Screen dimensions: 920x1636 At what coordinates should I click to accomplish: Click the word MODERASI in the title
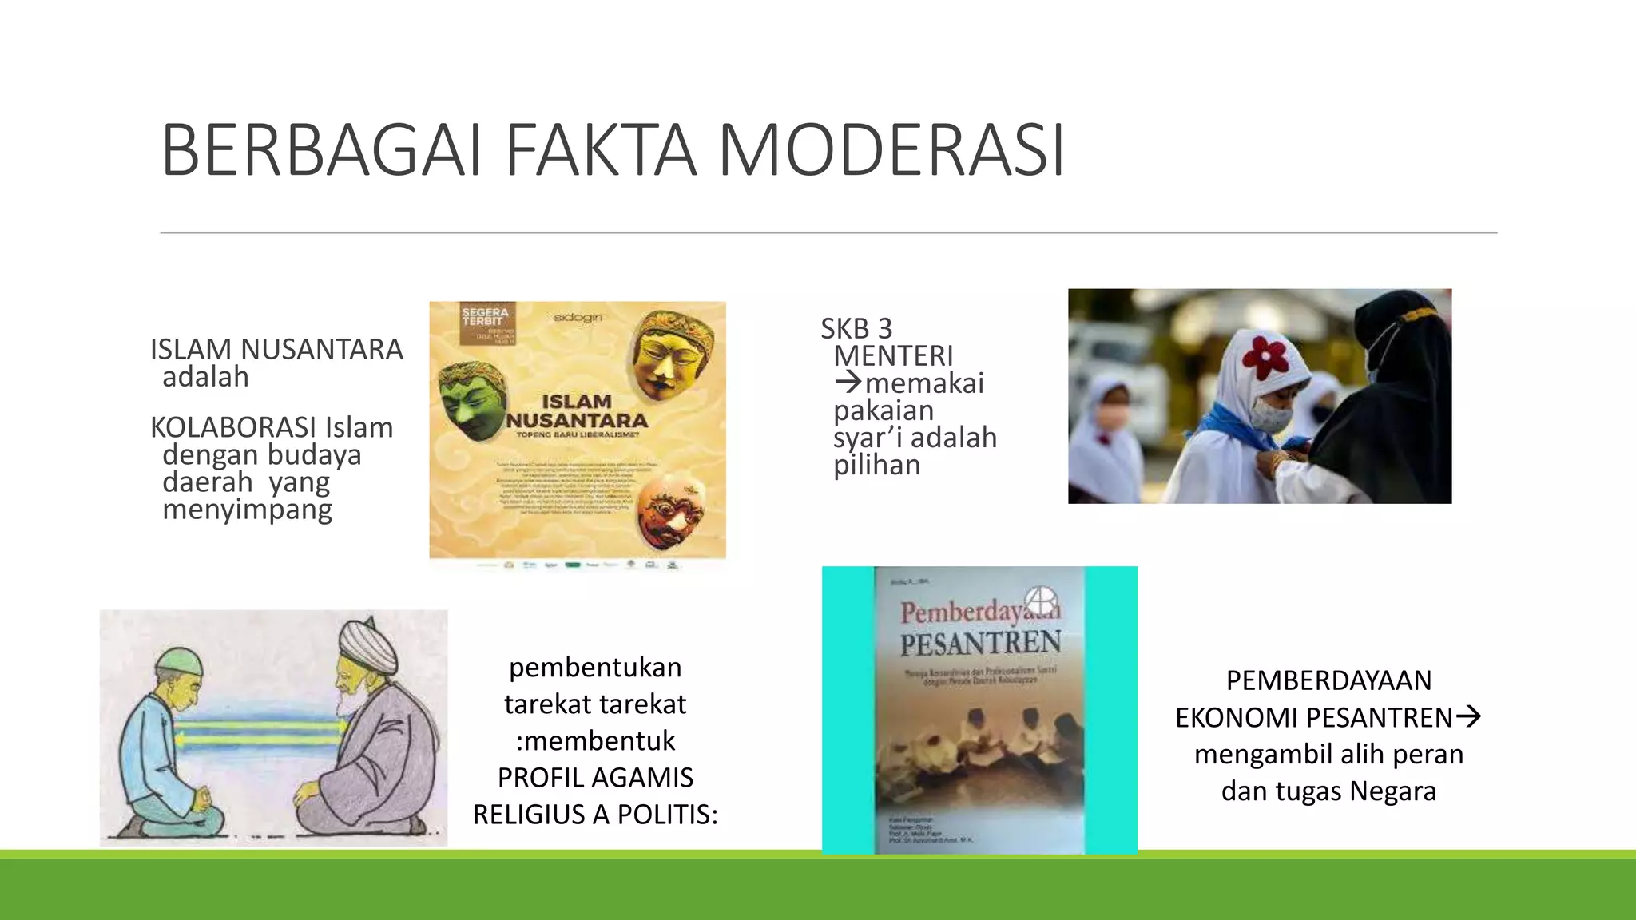(x=891, y=150)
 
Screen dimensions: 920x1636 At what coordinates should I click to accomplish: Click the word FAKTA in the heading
(x=601, y=150)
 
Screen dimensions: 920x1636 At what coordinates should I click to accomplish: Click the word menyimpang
(x=247, y=510)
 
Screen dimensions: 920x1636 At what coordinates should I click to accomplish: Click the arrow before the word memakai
(x=848, y=383)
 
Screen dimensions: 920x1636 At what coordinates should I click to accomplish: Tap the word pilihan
(x=876, y=465)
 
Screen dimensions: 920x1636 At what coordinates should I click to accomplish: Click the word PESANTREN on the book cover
(x=980, y=643)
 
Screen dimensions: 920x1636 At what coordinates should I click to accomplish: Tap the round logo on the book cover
(x=1042, y=600)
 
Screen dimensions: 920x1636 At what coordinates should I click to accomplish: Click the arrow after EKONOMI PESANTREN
(x=1469, y=716)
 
